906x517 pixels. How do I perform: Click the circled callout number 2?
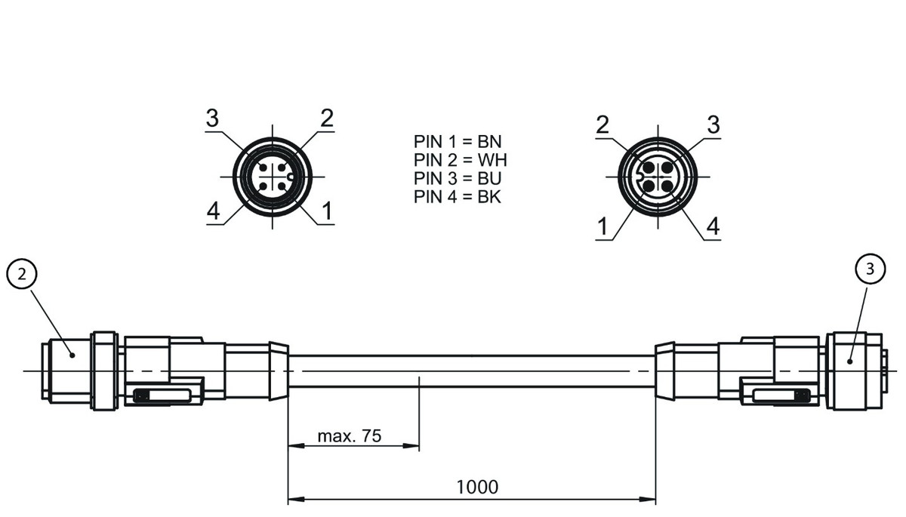23,275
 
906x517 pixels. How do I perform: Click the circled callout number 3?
871,268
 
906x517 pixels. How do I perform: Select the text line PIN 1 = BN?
458,141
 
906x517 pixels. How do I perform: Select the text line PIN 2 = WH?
461,160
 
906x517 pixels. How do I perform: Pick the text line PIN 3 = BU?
458,179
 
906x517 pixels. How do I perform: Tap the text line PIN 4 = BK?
458,198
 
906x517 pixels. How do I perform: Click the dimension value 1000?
477,487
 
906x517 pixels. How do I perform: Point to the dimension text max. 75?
349,435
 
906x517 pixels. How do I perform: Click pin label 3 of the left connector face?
213,118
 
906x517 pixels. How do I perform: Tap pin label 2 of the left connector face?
326,118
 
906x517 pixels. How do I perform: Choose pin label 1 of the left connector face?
326,212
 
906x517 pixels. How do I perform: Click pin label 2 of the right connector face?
602,125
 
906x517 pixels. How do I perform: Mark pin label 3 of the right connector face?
713,125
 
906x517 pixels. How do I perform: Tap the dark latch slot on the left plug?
162,395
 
